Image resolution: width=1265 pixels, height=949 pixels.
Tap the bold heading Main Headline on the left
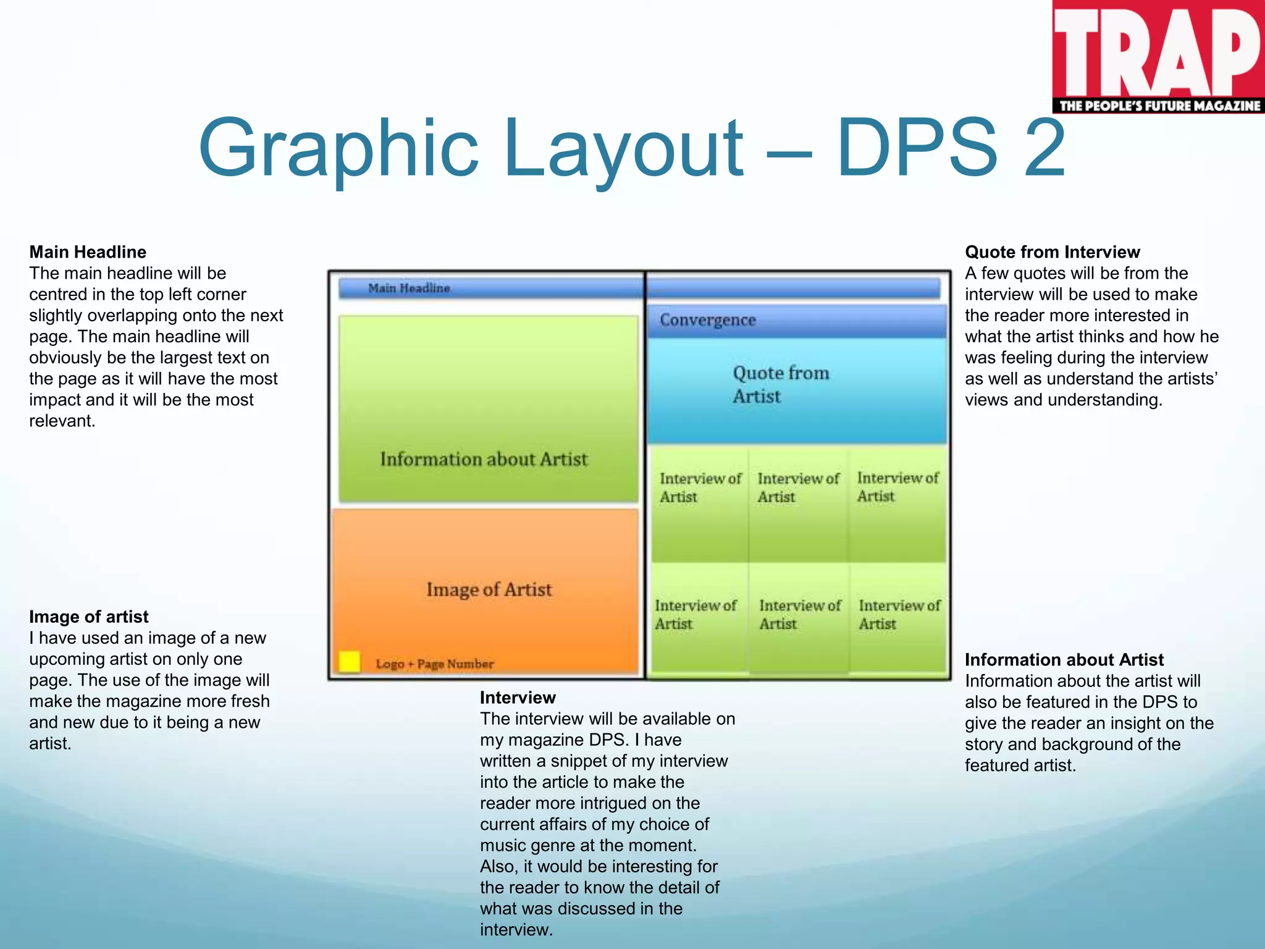coord(88,252)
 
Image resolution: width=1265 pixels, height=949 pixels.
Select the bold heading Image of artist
coord(89,617)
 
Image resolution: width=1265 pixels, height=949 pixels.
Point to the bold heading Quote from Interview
coord(1052,252)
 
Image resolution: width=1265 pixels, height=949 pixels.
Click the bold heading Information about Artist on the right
coord(1064,660)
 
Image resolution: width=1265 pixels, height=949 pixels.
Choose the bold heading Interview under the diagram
coord(518,698)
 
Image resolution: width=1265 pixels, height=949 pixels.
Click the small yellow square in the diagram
coord(350,662)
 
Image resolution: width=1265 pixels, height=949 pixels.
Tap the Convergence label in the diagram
coord(707,320)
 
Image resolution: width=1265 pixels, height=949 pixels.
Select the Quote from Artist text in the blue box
coord(780,384)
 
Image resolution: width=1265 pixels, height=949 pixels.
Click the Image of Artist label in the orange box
coord(489,589)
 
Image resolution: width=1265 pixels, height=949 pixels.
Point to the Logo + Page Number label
coord(435,664)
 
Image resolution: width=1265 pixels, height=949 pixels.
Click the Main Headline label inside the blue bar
coord(409,288)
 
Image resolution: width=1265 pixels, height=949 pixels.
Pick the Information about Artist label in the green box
coord(484,459)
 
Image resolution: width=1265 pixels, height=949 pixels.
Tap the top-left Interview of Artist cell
coord(699,487)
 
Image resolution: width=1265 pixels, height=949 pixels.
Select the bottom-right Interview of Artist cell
coord(899,615)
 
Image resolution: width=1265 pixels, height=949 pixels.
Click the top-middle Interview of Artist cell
coord(797,487)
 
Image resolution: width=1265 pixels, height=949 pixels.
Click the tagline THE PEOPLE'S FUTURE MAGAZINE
coord(1159,106)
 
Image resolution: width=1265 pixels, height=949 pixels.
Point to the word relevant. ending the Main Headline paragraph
coord(62,421)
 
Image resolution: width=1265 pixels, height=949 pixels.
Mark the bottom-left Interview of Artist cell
coord(696,615)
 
